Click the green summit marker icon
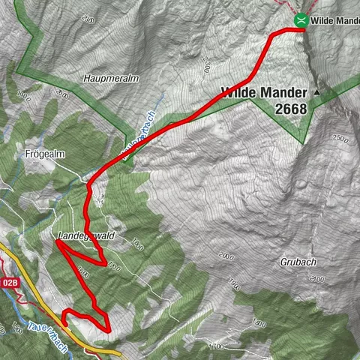click(x=301, y=20)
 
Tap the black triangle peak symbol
click(x=316, y=91)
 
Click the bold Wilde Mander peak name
click(x=264, y=92)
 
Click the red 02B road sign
click(x=9, y=283)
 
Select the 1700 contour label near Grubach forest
click(x=217, y=347)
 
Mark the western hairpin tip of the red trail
click(x=56, y=242)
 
